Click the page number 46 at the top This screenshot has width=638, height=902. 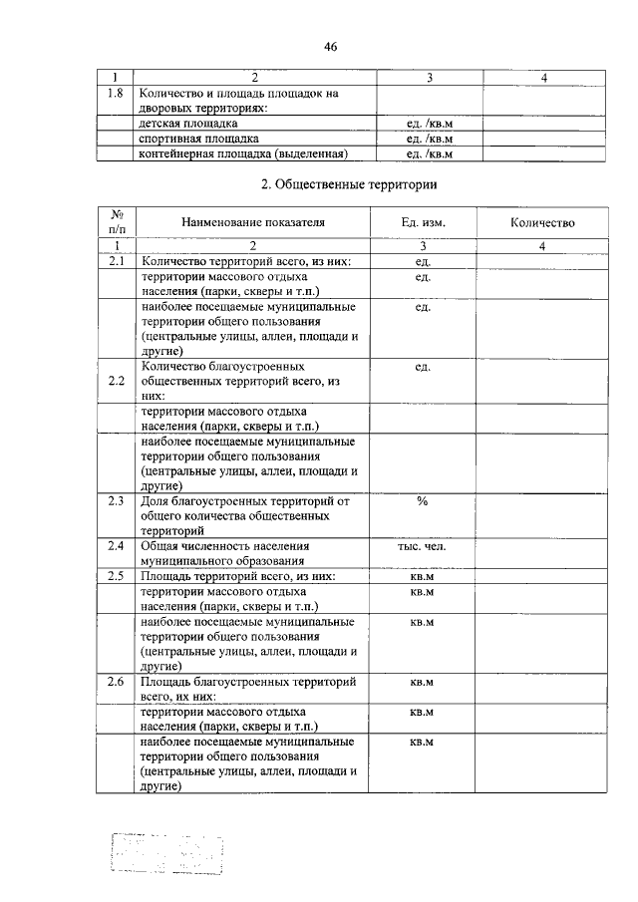(331, 47)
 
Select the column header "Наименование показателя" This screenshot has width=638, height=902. (253, 223)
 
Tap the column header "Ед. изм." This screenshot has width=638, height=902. (423, 223)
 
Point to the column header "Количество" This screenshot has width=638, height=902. (542, 223)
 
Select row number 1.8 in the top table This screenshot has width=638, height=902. (116, 93)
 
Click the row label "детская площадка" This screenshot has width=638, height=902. (188, 124)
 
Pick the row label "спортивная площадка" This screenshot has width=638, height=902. (199, 139)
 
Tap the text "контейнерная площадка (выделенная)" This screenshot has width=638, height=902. (243, 153)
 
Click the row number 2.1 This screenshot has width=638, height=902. (116, 261)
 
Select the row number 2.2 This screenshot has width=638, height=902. (116, 381)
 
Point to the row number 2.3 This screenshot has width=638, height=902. (116, 500)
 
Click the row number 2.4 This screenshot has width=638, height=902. (116, 546)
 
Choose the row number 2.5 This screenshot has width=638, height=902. (116, 576)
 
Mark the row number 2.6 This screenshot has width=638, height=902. (116, 682)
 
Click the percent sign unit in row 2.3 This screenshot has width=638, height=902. (422, 500)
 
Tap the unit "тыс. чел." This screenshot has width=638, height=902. (422, 546)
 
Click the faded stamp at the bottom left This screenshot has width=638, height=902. (166, 852)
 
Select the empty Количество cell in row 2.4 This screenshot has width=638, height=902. (542, 553)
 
